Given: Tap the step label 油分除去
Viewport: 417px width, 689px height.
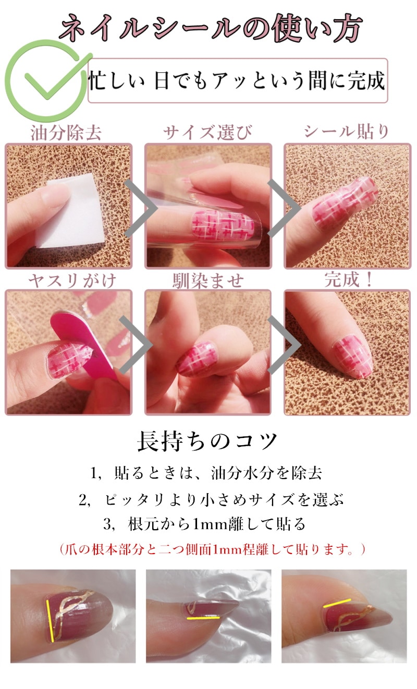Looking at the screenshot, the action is click(x=66, y=133).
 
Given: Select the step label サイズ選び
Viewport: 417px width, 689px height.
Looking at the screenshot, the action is click(x=207, y=133).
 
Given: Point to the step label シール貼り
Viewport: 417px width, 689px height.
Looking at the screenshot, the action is click(x=347, y=132).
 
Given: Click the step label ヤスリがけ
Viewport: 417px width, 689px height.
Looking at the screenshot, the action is click(x=72, y=281).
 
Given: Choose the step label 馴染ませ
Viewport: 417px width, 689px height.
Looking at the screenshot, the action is click(x=208, y=281).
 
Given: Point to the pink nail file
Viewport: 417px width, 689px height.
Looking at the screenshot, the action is click(x=83, y=342).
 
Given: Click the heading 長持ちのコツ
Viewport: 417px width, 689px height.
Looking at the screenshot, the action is click(x=207, y=442).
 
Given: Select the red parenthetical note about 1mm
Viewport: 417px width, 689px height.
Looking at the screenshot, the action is click(x=212, y=549).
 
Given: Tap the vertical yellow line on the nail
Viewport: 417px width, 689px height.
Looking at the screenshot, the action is click(x=50, y=620).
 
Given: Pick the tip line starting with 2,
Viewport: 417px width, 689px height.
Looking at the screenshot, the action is click(x=211, y=500).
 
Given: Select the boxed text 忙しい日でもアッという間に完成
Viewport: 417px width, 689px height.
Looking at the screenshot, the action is click(x=237, y=81).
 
